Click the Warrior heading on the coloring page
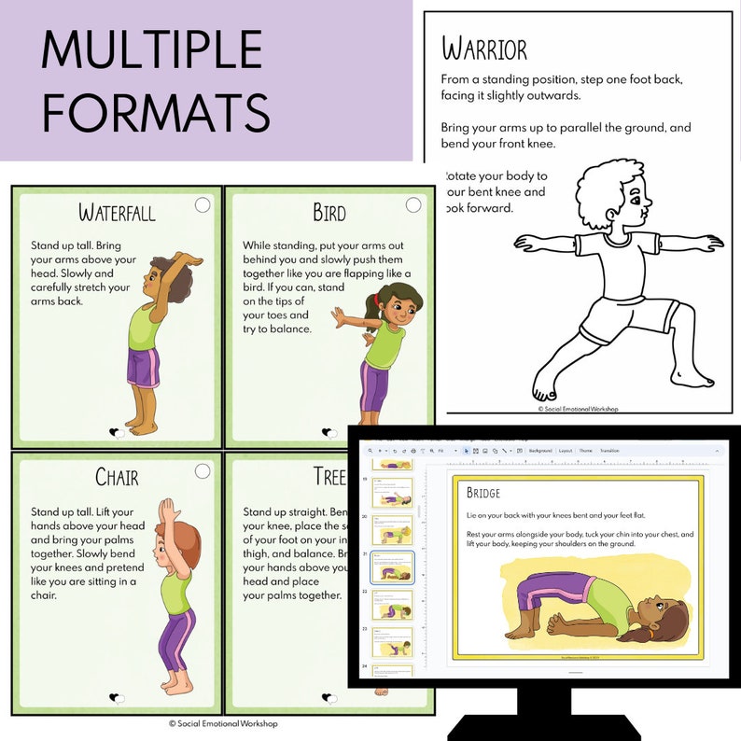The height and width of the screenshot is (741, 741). click(484, 49)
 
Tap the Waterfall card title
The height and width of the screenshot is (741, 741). click(117, 213)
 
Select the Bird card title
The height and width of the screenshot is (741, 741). click(329, 213)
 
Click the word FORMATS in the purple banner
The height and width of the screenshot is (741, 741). click(156, 112)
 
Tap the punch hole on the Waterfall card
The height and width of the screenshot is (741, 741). click(203, 204)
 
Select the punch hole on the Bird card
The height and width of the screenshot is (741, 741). click(414, 204)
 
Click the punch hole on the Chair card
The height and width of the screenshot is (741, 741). click(203, 471)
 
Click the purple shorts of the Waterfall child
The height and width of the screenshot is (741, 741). click(145, 368)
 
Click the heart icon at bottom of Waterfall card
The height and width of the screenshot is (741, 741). click(117, 432)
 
